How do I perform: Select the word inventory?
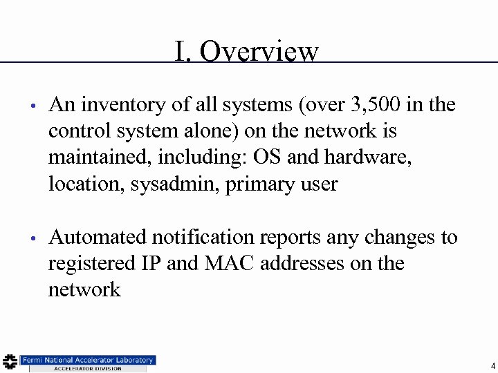tap(114, 105)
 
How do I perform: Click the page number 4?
tap(492, 365)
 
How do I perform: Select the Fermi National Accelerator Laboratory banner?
tap(87, 360)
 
